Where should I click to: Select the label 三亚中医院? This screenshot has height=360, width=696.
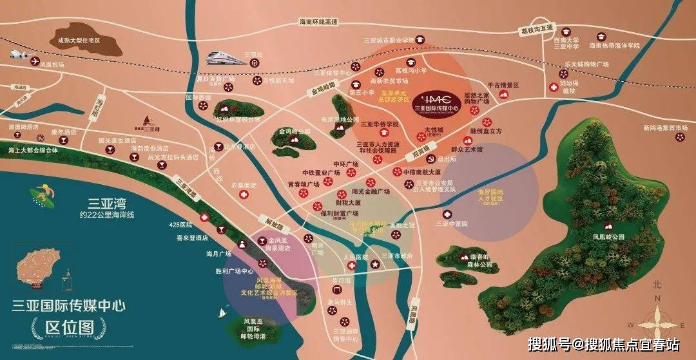coord(450,223)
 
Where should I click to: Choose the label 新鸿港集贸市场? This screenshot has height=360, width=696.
coord(664,128)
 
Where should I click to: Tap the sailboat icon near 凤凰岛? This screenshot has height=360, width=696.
coord(222,314)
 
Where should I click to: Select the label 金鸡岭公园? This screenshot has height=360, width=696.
coord(295,131)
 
